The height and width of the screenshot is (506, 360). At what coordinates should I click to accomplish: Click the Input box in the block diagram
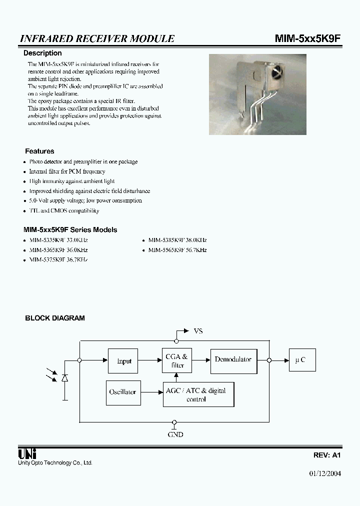pos(123,361)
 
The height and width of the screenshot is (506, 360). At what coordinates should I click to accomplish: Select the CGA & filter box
pos(177,360)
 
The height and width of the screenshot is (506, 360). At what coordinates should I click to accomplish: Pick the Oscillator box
pos(122,392)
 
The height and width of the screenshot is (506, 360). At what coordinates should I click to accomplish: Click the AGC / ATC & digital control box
pos(198,394)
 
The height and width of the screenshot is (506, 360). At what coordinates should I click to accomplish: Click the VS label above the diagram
pos(198,331)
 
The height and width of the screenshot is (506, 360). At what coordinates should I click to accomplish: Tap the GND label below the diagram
pos(175,434)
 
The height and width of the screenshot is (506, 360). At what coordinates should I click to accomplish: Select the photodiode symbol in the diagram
pos(64,378)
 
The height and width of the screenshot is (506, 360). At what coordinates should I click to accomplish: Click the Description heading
pos(43,53)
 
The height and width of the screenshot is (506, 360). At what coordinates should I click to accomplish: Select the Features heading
pos(39,151)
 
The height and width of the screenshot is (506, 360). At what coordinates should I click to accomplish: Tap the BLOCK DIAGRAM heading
pos(55,318)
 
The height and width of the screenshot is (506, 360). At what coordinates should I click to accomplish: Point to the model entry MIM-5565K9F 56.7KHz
pos(177,250)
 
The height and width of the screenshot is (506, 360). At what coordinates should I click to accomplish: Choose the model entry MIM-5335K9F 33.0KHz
pos(58,240)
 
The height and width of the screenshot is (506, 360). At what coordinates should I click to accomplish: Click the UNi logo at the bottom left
pos(27,453)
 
